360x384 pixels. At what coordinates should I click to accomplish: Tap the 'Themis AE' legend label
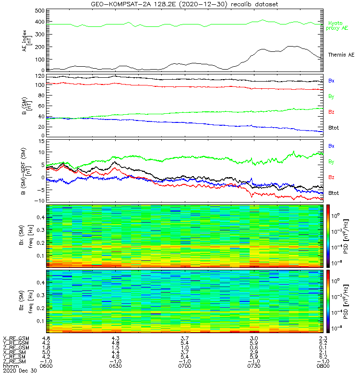340,55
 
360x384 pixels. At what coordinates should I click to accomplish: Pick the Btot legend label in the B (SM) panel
333,128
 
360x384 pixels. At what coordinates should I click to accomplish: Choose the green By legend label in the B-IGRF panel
331,161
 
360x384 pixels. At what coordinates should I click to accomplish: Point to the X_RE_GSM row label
16,338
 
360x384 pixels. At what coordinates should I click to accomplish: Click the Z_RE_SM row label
15,361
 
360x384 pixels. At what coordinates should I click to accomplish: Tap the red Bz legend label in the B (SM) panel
331,112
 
